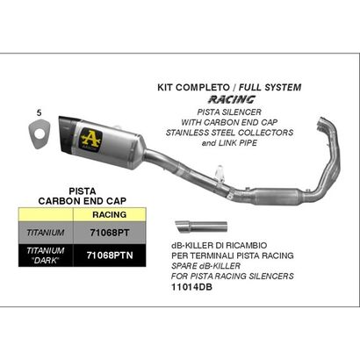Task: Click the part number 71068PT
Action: point(109,233)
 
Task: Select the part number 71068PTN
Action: point(110,256)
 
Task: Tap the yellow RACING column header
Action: point(110,214)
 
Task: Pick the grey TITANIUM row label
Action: point(46,233)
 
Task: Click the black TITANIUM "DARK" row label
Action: point(46,256)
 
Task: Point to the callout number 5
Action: point(40,112)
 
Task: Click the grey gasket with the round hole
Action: point(40,134)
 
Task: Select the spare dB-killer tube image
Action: point(201,227)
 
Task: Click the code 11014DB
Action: point(191,287)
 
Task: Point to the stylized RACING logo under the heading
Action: point(232,99)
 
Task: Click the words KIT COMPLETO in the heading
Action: point(193,87)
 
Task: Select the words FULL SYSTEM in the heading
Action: point(270,87)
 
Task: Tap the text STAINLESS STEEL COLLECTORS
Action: point(229,133)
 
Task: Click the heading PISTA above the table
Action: point(83,191)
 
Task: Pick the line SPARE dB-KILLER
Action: point(205,266)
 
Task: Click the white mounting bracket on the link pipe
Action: point(220,173)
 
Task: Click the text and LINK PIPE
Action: point(229,143)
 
